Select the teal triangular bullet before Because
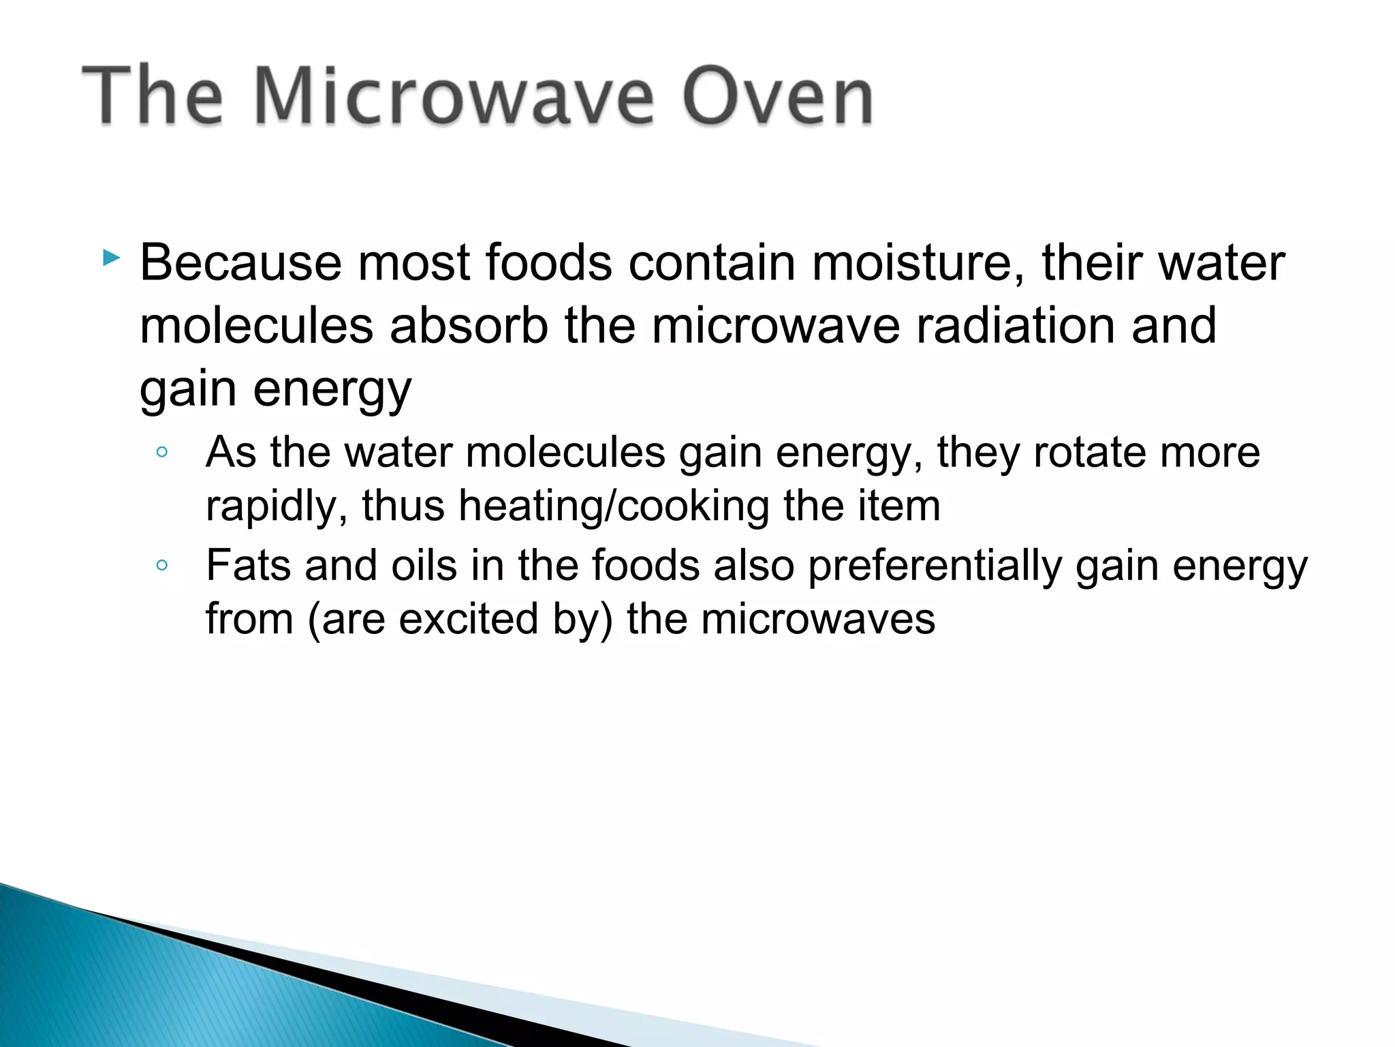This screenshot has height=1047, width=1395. coord(111,258)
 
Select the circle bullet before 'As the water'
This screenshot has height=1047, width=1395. coord(161,452)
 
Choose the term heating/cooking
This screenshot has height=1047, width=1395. coord(613,506)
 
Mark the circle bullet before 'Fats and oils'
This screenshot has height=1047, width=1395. coord(161,565)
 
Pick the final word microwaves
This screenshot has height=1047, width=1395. coord(818,619)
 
